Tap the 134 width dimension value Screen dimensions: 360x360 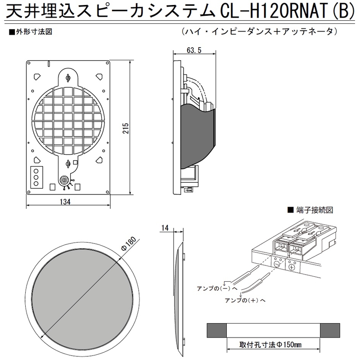[x=65, y=202]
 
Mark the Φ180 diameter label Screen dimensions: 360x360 [x=128, y=243]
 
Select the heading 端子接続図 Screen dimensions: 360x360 [x=314, y=210]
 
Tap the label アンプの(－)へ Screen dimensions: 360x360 [x=212, y=287]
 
